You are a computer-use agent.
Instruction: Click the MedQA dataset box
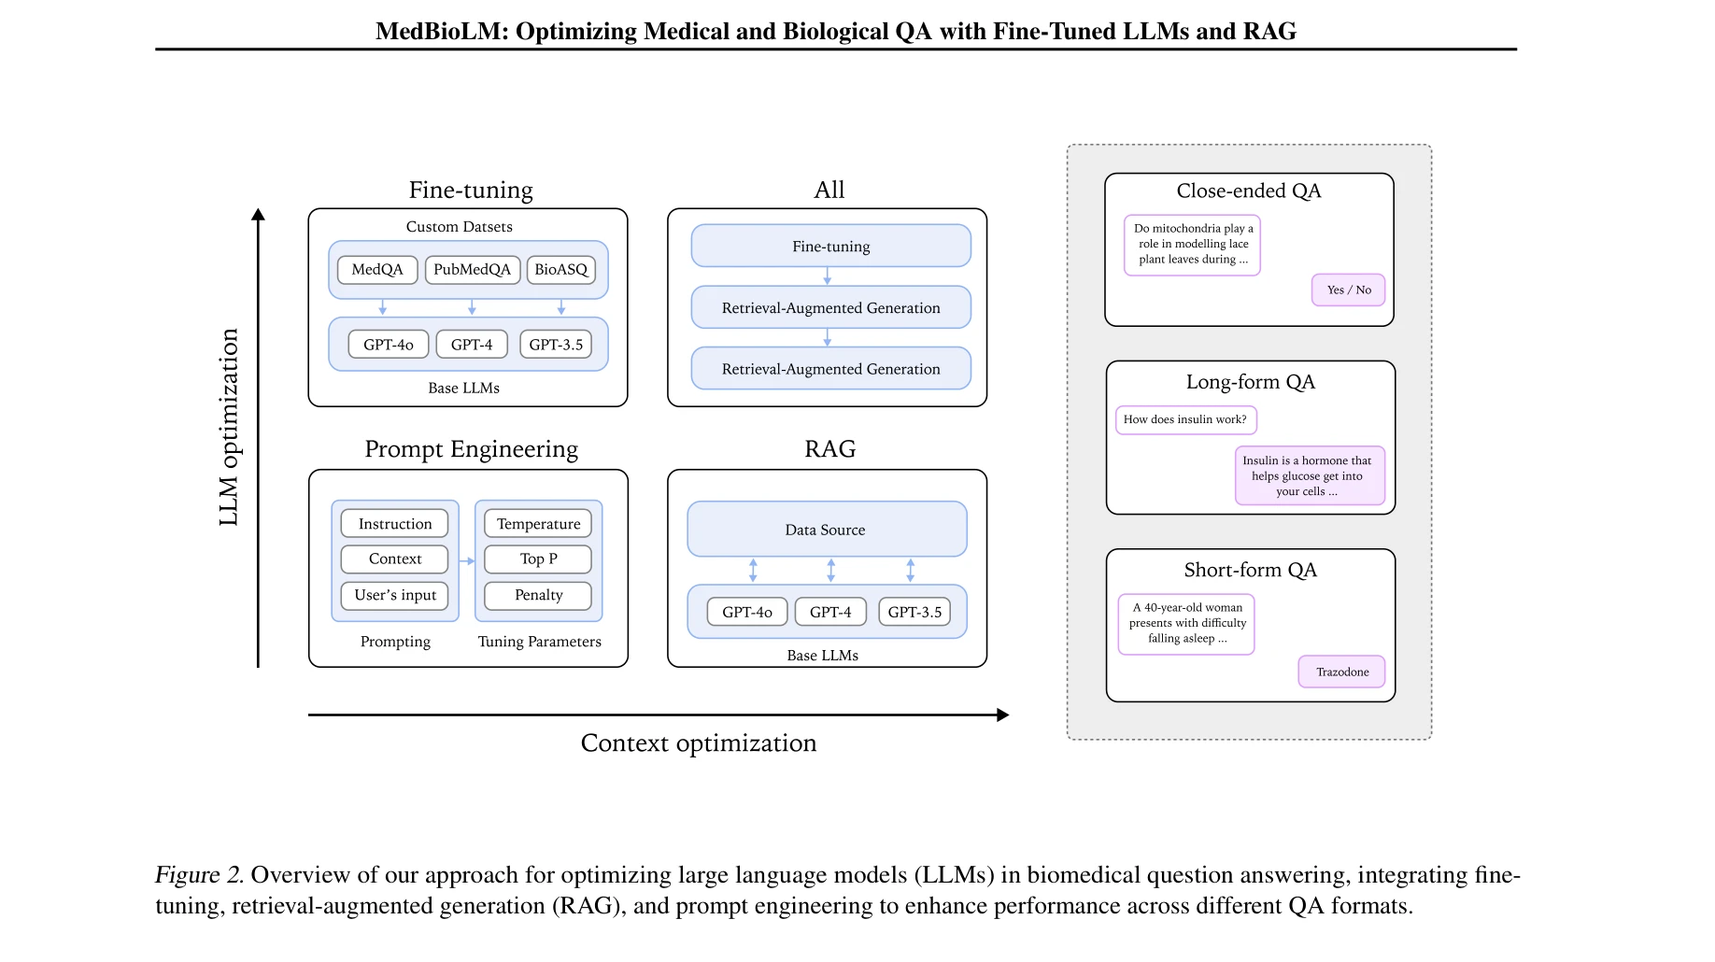377,270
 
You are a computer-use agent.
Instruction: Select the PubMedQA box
472,270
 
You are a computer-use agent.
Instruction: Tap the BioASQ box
560,270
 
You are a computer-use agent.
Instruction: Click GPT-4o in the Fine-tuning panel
388,345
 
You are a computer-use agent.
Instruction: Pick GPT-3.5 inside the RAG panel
914,613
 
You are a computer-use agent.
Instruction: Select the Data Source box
826,530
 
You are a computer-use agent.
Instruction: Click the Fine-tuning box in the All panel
830,247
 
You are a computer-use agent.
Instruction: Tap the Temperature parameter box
538,524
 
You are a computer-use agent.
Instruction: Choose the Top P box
538,559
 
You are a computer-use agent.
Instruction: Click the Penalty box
538,595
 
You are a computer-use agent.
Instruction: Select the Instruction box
395,524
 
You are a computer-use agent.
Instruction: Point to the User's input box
395,595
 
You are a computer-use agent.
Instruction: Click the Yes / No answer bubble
1348,290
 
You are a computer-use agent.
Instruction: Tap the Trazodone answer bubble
1341,672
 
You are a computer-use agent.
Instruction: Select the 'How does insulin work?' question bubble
1185,420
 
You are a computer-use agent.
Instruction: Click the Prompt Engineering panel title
471,449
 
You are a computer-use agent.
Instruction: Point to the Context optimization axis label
698,743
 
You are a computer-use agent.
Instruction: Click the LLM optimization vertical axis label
229,427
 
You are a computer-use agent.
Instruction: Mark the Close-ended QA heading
1248,191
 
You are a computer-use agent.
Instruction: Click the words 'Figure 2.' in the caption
199,875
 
